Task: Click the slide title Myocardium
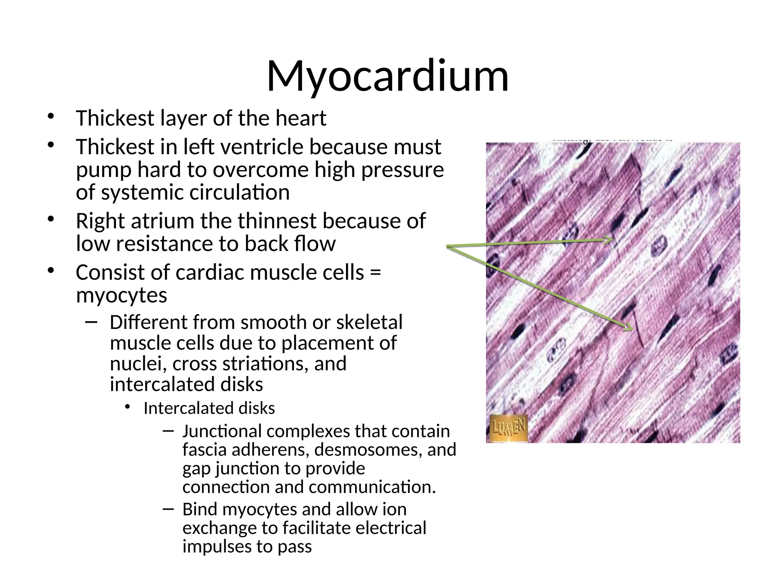[388, 76]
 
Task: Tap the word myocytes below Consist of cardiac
[121, 295]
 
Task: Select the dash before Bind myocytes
[168, 509]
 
